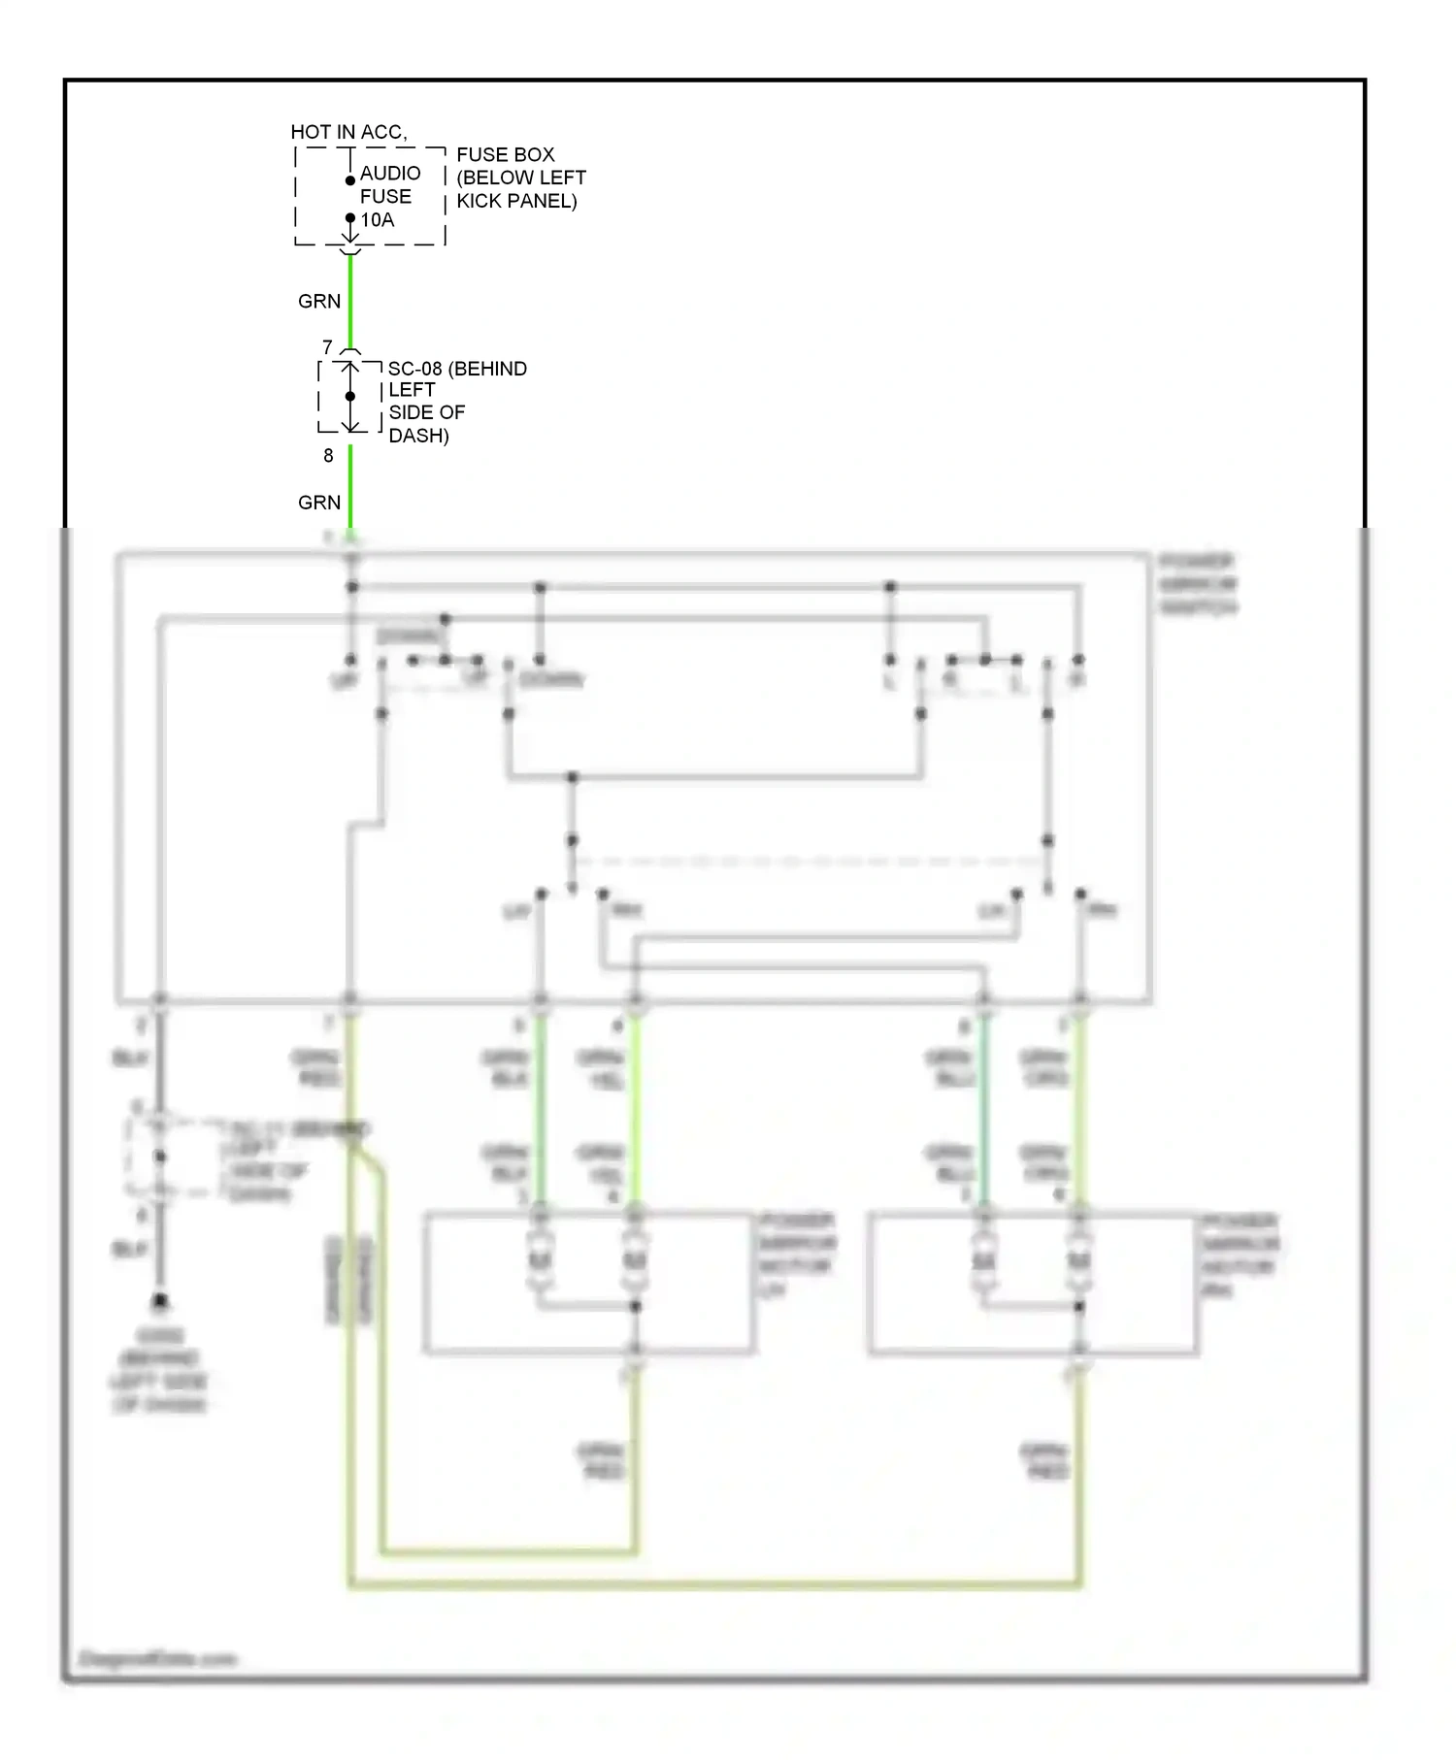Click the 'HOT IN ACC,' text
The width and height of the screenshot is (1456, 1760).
pyautogui.click(x=348, y=132)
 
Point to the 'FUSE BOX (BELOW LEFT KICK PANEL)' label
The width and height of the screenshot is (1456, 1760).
pyautogui.click(x=520, y=178)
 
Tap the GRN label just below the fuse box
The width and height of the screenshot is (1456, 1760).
pyautogui.click(x=319, y=302)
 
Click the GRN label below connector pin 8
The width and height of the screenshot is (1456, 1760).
pyautogui.click(x=319, y=503)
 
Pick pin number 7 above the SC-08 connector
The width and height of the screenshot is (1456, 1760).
pyautogui.click(x=328, y=347)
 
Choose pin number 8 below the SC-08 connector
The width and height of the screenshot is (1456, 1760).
pyautogui.click(x=328, y=456)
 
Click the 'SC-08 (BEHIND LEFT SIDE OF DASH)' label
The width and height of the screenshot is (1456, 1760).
pyautogui.click(x=456, y=402)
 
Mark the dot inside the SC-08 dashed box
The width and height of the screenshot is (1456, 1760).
pyautogui.click(x=350, y=396)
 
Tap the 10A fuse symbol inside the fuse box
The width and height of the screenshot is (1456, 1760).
pyautogui.click(x=350, y=200)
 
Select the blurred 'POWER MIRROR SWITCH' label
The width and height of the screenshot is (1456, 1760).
pyautogui.click(x=1198, y=584)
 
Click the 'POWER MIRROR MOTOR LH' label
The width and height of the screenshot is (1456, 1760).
pyautogui.click(x=796, y=1255)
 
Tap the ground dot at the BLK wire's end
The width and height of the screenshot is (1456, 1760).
pyautogui.click(x=160, y=1300)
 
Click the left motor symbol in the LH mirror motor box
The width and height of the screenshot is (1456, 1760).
pyautogui.click(x=540, y=1260)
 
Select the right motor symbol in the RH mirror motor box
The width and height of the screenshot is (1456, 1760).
pyautogui.click(x=1079, y=1260)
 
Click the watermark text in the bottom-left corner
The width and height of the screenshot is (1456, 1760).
pyautogui.click(x=157, y=1659)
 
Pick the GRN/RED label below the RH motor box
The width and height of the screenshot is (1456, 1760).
pyautogui.click(x=1044, y=1461)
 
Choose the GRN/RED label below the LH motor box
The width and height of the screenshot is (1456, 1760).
pyautogui.click(x=602, y=1461)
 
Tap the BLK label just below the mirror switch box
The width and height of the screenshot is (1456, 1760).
pyautogui.click(x=130, y=1058)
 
